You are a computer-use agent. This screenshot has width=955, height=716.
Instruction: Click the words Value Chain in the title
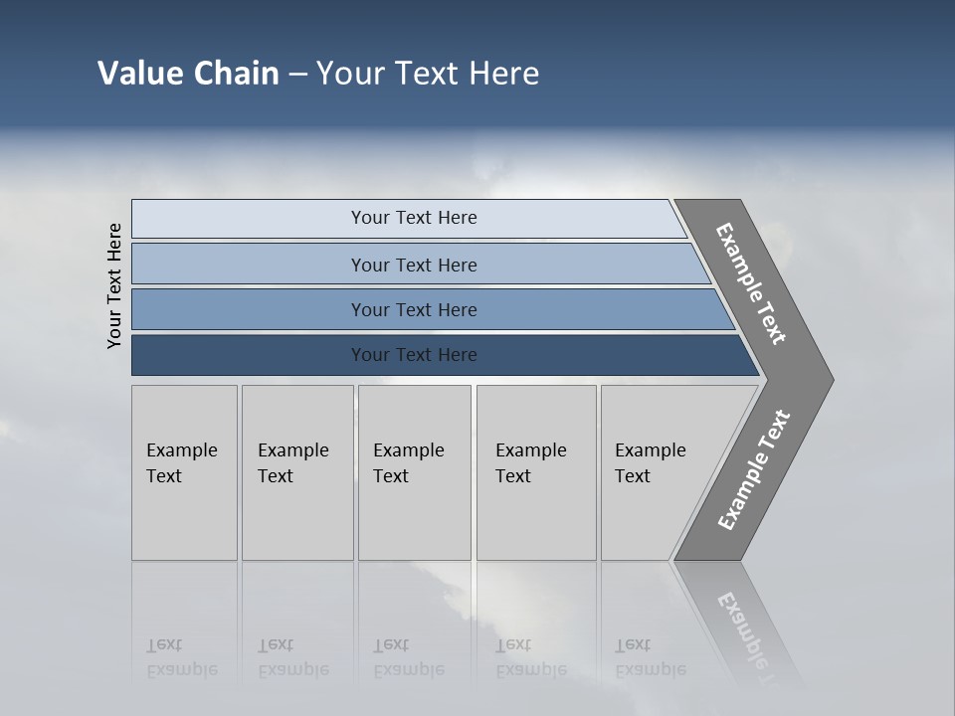point(188,74)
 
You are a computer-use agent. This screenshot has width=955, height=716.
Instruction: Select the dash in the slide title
point(297,75)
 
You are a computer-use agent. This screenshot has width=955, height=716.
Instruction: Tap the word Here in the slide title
point(503,74)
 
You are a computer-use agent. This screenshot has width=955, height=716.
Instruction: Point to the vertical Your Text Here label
point(114,286)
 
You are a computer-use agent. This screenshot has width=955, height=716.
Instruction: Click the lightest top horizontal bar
point(413,218)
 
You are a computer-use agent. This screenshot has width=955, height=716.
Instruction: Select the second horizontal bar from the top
point(413,265)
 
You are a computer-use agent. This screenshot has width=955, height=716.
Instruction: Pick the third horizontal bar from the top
point(413,309)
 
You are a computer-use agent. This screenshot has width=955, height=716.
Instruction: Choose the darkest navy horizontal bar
point(413,355)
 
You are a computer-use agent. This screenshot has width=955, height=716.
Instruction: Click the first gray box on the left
point(184,472)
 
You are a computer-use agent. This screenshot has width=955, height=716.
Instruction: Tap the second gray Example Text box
point(296,472)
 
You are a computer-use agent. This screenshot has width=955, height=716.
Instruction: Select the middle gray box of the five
point(414,472)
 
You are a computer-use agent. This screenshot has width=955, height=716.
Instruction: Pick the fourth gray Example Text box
point(535,472)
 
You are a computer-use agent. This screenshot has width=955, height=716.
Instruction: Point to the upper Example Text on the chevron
point(751,283)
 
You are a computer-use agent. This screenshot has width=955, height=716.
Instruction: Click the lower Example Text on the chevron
point(754,470)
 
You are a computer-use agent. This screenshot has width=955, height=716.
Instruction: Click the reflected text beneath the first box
point(181,657)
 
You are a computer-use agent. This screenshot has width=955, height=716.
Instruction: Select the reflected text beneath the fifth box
point(650,657)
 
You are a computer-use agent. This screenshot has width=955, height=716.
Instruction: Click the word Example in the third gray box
point(408,450)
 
